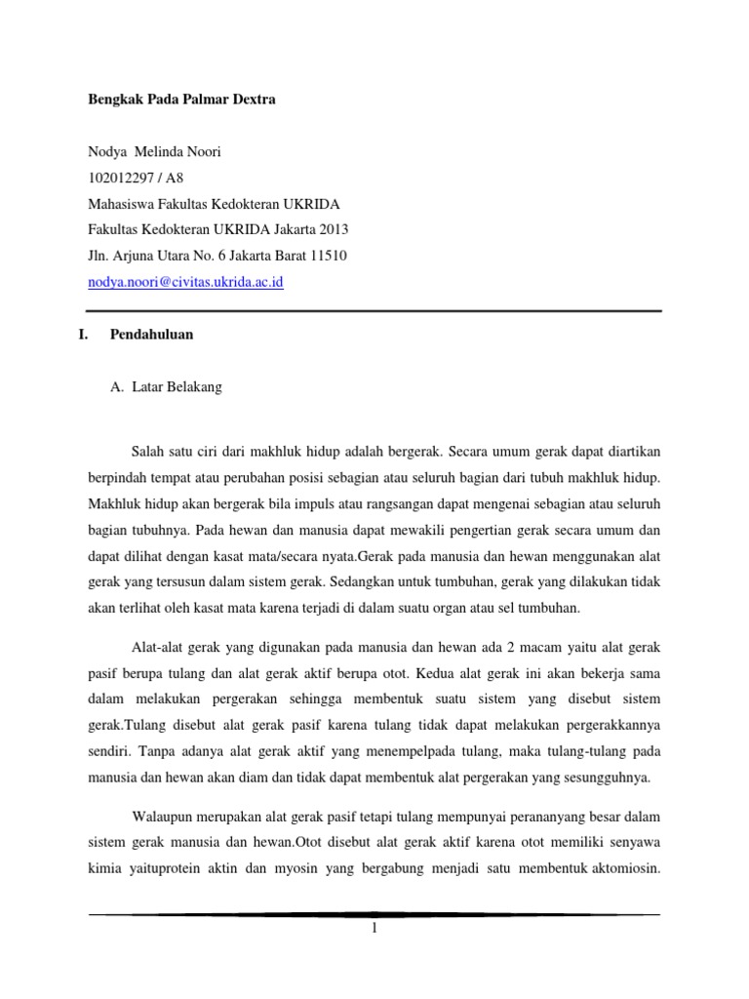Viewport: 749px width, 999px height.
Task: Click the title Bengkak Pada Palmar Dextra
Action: pos(181,100)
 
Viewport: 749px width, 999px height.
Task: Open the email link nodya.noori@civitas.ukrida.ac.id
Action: pos(186,282)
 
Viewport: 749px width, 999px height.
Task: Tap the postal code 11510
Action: pos(326,256)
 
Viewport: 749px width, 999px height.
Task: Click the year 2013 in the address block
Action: pos(331,229)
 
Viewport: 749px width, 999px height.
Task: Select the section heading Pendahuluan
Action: pos(151,335)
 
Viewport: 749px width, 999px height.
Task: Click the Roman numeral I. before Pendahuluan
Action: pos(83,335)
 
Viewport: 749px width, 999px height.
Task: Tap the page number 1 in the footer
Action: pos(374,929)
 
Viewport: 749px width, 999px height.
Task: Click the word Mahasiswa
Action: pos(124,204)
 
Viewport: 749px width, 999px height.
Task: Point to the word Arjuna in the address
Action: pos(136,256)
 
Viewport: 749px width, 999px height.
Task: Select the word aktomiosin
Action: pos(622,869)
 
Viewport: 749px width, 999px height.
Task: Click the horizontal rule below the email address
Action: pos(374,310)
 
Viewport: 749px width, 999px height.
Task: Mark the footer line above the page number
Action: pos(374,914)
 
